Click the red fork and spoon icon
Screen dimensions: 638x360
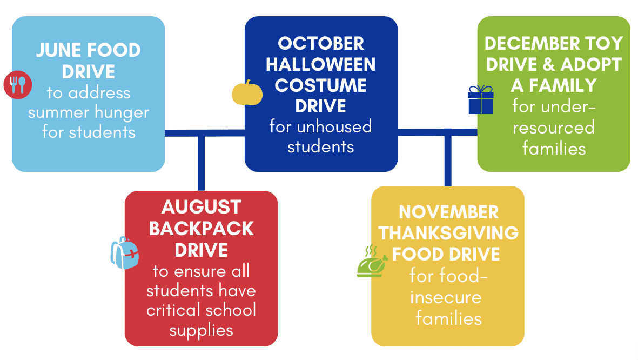coord(17,85)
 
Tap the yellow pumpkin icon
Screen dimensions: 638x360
coord(247,93)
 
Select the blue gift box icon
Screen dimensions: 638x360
coord(481,100)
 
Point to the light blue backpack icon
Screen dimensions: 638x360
coord(125,253)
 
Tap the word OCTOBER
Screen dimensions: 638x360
coord(321,44)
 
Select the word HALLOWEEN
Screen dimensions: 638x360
coord(321,64)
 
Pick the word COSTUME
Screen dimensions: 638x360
coord(321,85)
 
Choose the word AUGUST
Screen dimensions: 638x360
coord(202,207)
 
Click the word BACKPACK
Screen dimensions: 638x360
coord(202,229)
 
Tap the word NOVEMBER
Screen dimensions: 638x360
coord(448,212)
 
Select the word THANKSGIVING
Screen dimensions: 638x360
coord(448,234)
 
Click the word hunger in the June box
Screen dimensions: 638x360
coord(122,113)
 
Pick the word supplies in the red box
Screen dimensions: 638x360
coord(202,331)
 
